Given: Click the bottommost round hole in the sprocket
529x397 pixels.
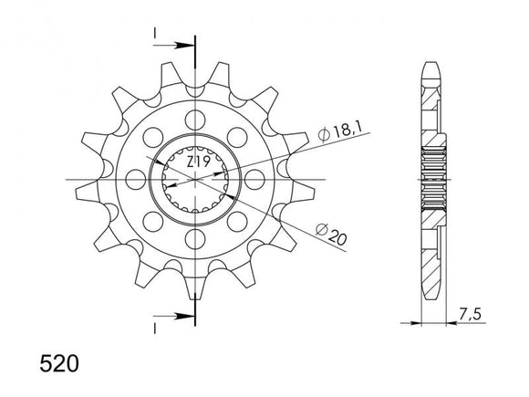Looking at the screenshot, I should pos(194,241).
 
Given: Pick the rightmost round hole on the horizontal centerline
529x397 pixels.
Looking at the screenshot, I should pos(255,180).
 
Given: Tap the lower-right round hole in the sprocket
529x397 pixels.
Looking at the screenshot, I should pos(237,223).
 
